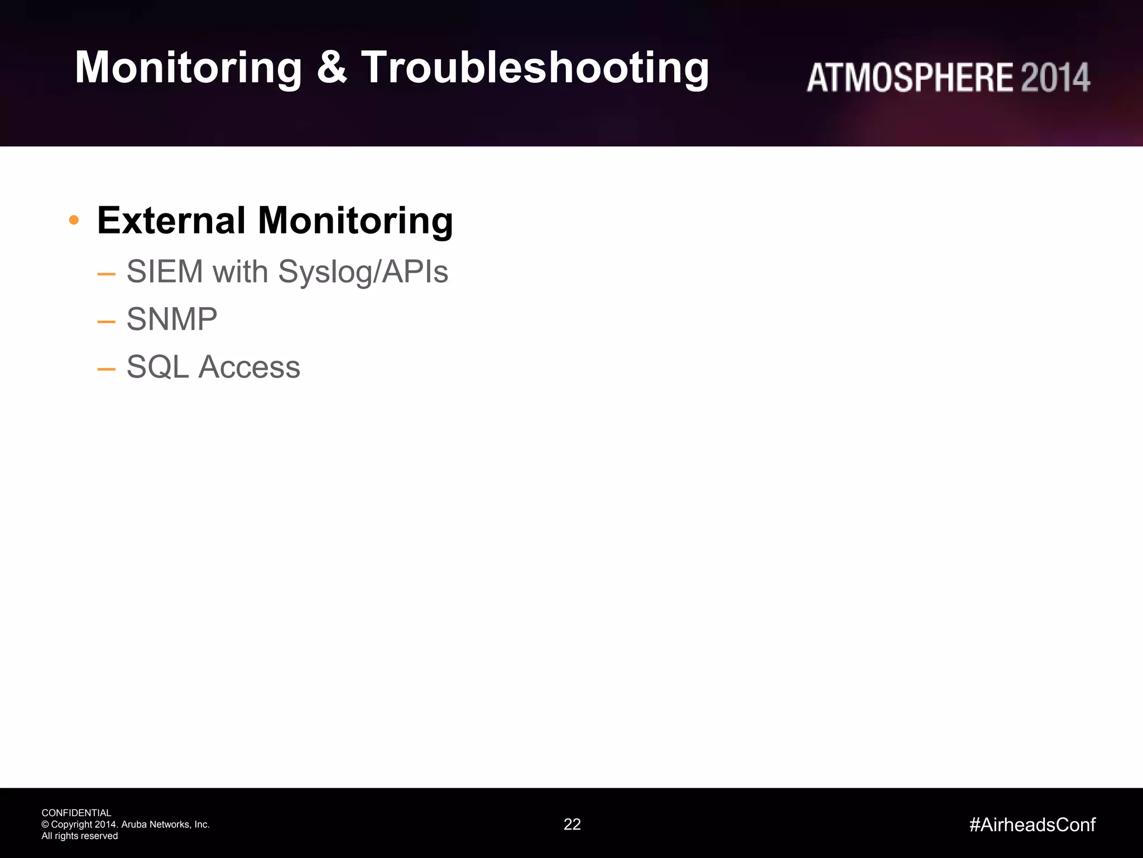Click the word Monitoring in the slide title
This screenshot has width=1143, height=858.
click(188, 68)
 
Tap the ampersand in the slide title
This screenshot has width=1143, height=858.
click(332, 68)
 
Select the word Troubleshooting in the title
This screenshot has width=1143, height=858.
click(535, 68)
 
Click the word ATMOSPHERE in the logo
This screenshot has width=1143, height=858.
click(910, 78)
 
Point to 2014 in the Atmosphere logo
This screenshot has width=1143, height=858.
click(1055, 78)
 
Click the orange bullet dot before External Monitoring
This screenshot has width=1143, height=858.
click(74, 220)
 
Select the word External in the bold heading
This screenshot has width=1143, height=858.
click(171, 220)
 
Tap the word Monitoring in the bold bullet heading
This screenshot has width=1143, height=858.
click(355, 220)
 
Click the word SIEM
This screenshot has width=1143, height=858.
click(165, 271)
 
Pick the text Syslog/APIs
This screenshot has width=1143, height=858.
click(363, 272)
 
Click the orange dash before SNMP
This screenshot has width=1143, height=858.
click(106, 322)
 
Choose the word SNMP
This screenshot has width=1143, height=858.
click(172, 319)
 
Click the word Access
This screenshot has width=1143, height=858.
click(249, 367)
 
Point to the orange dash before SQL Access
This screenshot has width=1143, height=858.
click(106, 369)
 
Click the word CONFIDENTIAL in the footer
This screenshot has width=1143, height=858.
click(76, 813)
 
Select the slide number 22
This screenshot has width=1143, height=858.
click(572, 824)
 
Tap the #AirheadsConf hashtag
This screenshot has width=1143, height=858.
click(1032, 824)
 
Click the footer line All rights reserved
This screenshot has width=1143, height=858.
click(79, 836)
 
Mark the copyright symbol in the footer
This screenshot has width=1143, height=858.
click(45, 824)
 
